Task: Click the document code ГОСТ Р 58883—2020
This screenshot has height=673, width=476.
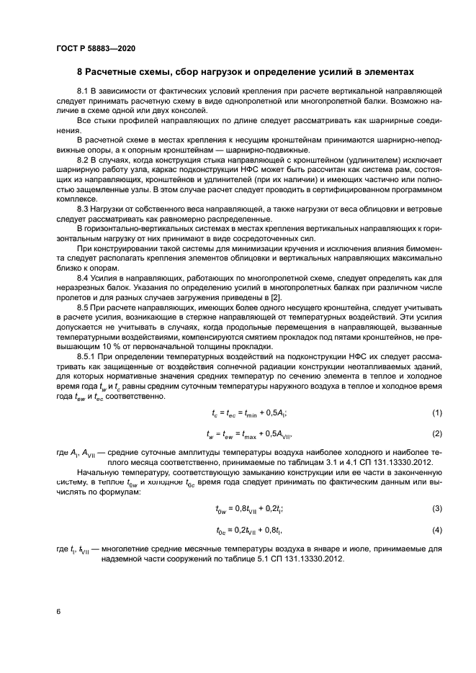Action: tap(95, 48)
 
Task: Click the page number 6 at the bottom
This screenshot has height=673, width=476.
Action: tap(58, 611)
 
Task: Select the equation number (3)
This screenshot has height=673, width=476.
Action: tap(436, 508)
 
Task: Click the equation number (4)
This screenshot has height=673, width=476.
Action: tap(436, 530)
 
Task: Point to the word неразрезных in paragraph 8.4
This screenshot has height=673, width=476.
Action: tap(78, 288)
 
